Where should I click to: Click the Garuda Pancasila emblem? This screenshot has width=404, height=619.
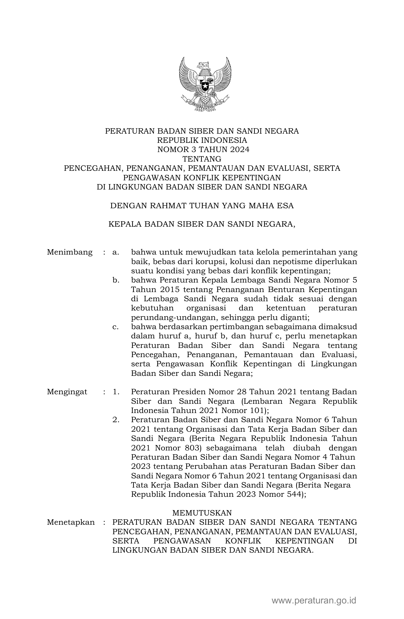[205, 84]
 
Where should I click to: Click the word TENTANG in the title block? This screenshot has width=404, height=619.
[202, 159]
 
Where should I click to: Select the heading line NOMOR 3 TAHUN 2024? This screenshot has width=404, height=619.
[202, 150]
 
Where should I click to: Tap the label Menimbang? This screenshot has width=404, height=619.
[70, 252]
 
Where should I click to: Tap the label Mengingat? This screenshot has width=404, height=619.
[67, 392]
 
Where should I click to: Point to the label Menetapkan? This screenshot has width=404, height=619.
[71, 522]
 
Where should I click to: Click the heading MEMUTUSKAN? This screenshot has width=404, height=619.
[202, 513]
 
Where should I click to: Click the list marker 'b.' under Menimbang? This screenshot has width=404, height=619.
[116, 280]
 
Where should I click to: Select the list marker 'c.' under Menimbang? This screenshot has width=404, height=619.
[115, 327]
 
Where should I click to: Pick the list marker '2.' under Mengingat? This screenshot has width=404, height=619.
[116, 420]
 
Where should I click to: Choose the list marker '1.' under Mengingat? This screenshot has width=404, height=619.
[116, 392]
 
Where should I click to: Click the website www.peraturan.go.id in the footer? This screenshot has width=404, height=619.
[314, 601]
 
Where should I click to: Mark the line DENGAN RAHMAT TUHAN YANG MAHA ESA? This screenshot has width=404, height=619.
[202, 206]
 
